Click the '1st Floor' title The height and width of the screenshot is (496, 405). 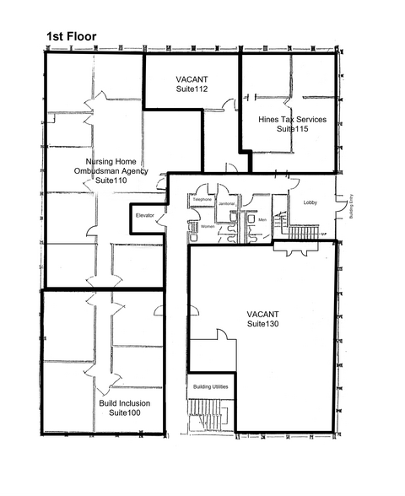coord(71,36)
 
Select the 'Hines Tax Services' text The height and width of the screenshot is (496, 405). coord(292,120)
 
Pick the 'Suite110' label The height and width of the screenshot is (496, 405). coord(111,181)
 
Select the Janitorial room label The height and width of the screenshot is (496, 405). coord(226,204)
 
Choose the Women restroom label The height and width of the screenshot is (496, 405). coord(208,227)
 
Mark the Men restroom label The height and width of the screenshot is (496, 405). coord(262,220)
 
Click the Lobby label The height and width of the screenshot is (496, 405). coord(310,202)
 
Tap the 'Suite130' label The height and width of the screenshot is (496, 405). coord(263,324)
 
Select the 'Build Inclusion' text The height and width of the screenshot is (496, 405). coord(124,402)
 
